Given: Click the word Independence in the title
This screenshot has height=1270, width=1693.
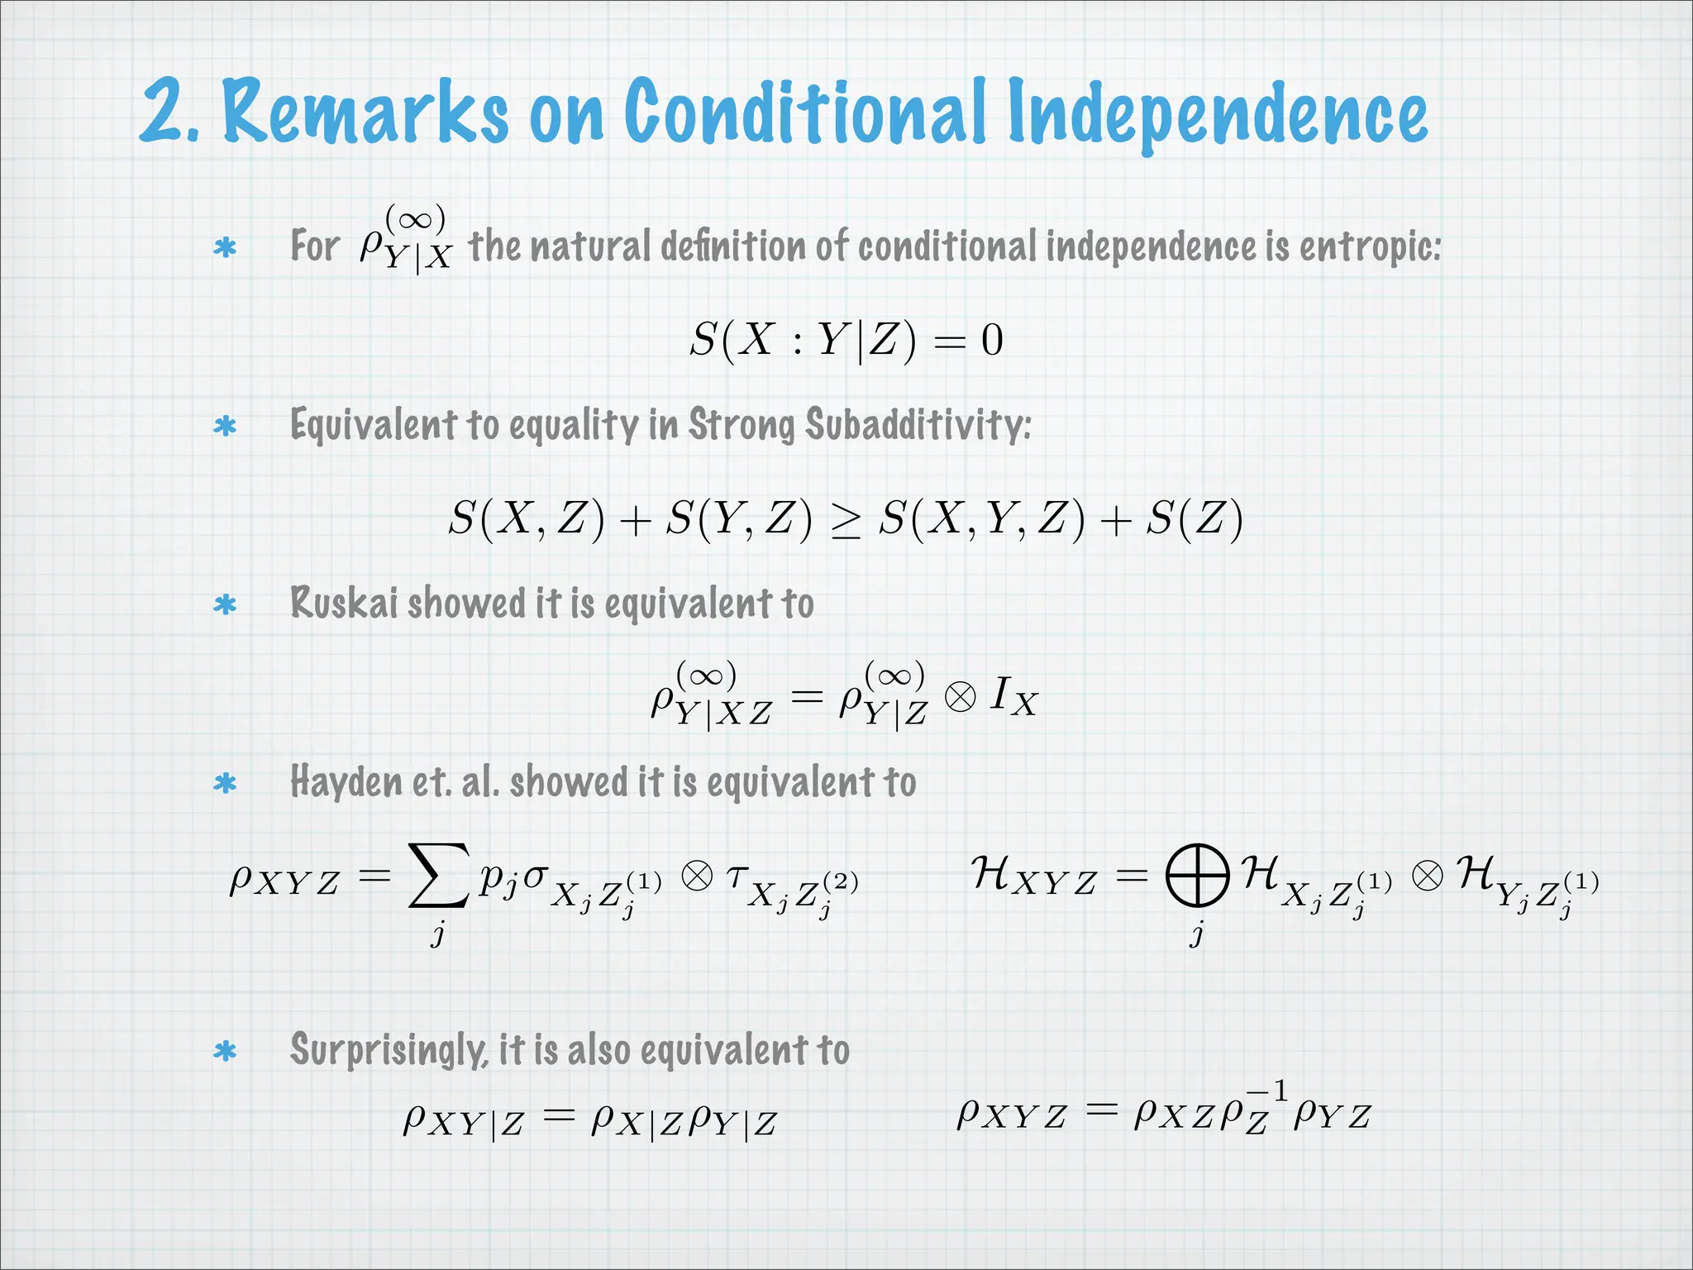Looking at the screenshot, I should [x=1217, y=114].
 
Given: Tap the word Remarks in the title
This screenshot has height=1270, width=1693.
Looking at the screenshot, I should [x=365, y=111].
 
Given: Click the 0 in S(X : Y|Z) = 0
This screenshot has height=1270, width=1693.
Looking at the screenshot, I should [x=992, y=341].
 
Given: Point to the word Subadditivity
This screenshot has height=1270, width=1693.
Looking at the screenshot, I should [x=918, y=425].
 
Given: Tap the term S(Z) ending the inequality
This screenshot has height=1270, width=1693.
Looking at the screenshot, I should [x=1194, y=519].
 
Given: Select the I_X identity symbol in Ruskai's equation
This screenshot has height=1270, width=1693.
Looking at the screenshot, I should [x=1013, y=696].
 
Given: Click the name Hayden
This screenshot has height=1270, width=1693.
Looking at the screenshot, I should [x=346, y=782].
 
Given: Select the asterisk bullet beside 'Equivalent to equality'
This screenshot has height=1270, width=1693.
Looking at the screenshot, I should [x=225, y=427].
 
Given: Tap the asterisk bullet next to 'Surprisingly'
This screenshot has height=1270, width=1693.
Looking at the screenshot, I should [x=225, y=1052].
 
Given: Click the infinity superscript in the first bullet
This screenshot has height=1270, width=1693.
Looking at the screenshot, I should [x=415, y=220].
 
